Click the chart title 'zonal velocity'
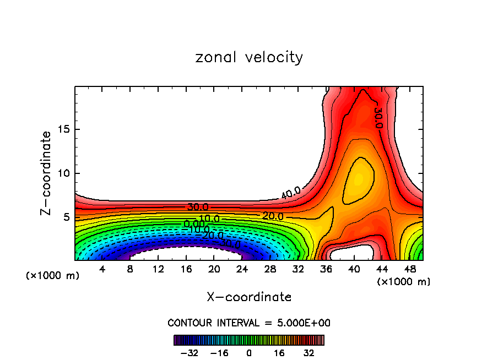pos(249,57)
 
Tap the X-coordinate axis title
pos(249,297)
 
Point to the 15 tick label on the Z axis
pos(63,129)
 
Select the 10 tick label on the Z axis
pos(63,173)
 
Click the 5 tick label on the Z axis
pos(66,217)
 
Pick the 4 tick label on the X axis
pos(102,270)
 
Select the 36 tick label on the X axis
pos(327,270)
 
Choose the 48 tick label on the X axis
pos(410,270)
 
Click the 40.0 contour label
pos(290,193)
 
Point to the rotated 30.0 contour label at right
pos(378,117)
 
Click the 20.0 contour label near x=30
pos(273,216)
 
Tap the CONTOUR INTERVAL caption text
pos(249,323)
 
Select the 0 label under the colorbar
pos(249,353)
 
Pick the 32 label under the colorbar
pos(308,353)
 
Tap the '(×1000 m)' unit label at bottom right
pos(404,282)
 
